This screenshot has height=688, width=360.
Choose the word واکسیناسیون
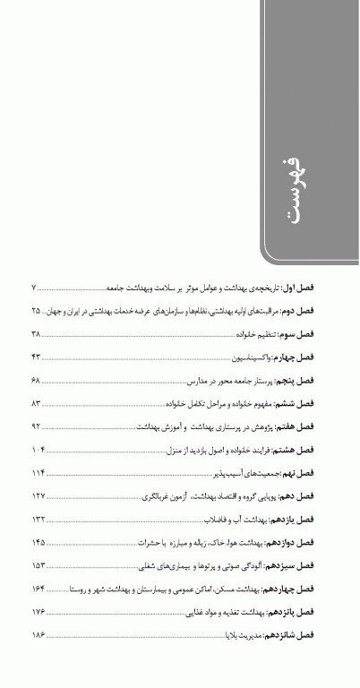252,357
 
